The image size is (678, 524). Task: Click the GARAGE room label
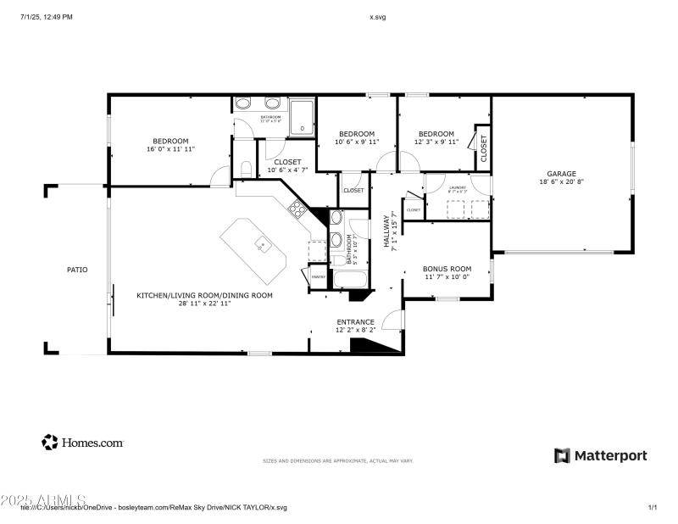click(x=561, y=173)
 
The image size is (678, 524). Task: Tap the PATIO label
click(x=77, y=270)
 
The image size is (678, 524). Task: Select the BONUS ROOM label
click(x=447, y=268)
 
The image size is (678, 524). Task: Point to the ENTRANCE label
click(x=355, y=321)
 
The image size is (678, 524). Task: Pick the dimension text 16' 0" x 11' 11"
click(x=170, y=149)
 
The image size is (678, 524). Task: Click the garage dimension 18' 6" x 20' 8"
click(x=561, y=181)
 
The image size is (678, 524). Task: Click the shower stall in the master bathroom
click(x=302, y=118)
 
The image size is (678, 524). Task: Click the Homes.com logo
click(x=83, y=442)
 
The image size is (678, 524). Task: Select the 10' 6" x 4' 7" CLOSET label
click(x=288, y=165)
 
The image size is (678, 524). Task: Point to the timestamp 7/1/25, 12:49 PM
click(x=47, y=17)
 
